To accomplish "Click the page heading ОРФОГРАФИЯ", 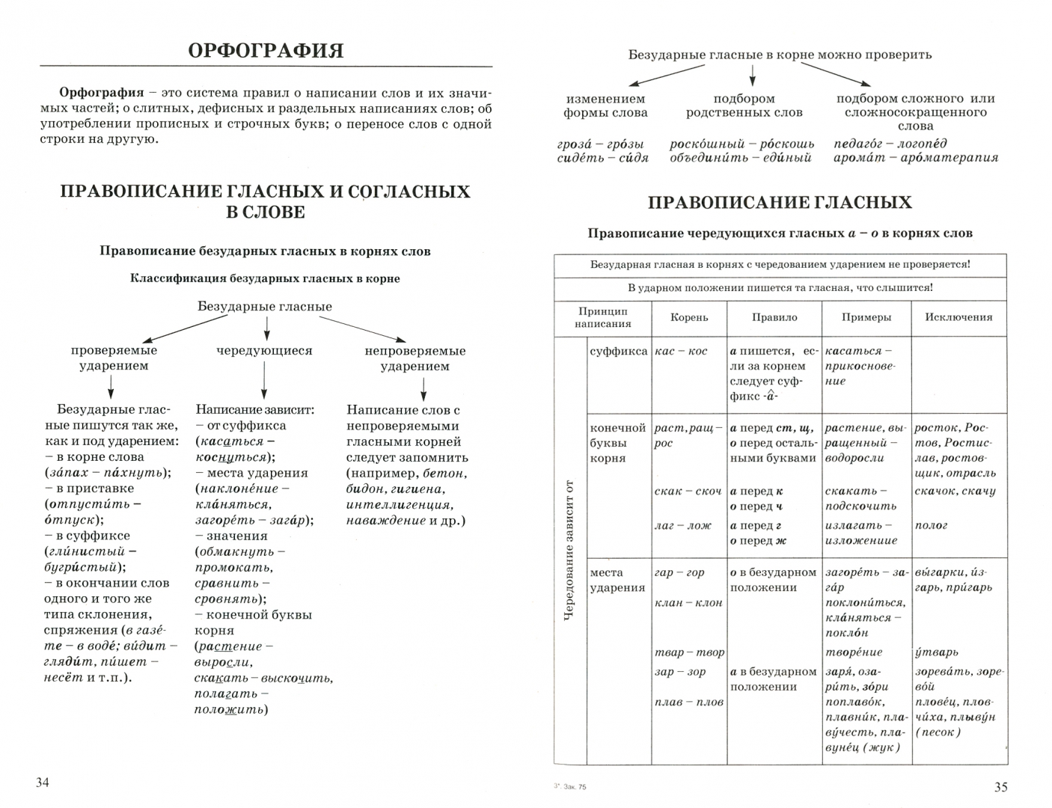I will [x=266, y=51].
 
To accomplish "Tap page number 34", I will [x=42, y=783].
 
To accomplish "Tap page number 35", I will [x=1000, y=786].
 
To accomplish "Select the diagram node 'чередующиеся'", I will [x=264, y=350].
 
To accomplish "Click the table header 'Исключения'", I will [x=958, y=317].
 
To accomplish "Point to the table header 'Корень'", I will [x=689, y=317].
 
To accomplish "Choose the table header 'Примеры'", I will [x=866, y=317].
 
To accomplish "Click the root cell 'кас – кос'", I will [x=680, y=351].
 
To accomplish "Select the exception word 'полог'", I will [x=931, y=526].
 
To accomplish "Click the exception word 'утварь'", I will [x=936, y=652].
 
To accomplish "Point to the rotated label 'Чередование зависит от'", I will [x=570, y=550].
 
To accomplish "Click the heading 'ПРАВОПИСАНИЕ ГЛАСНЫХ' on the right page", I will [x=780, y=202].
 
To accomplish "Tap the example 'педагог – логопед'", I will [x=890, y=144].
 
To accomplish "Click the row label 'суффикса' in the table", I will [x=618, y=351].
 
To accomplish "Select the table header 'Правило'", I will [x=774, y=317].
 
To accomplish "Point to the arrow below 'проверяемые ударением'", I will [x=111, y=386].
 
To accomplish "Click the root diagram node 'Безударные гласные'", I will [x=265, y=307].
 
